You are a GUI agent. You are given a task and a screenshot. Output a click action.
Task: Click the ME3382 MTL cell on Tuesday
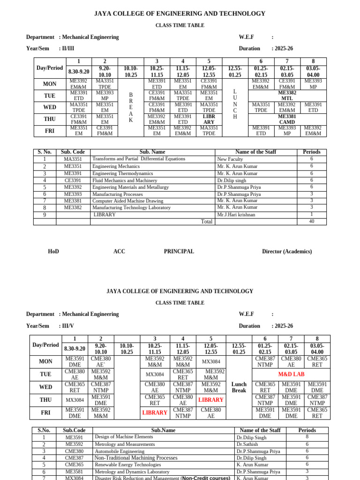pyautogui.click(x=286, y=96)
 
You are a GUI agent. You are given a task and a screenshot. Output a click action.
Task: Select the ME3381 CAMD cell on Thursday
pyautogui.click(x=286, y=119)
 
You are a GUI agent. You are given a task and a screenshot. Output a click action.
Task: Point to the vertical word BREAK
pyautogui.click(x=131, y=107)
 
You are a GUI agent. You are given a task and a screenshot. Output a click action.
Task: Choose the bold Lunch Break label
pyautogui.click(x=239, y=387)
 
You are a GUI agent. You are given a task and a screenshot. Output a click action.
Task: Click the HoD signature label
pyautogui.click(x=53, y=252)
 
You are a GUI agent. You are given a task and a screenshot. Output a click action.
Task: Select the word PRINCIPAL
pyautogui.click(x=179, y=252)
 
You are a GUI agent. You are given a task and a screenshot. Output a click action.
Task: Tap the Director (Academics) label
pyautogui.click(x=286, y=252)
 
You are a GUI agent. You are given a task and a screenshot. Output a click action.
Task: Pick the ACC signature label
pyautogui.click(x=119, y=252)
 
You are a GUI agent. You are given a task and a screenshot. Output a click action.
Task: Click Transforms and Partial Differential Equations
pyautogui.click(x=139, y=159)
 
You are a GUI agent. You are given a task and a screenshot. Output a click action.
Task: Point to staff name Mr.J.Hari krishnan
pyautogui.click(x=236, y=215)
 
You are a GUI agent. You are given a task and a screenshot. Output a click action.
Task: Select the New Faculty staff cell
pyautogui.click(x=230, y=159)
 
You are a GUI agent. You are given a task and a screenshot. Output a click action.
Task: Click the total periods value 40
pyautogui.click(x=311, y=222)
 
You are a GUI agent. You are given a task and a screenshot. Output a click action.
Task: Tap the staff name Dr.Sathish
pyautogui.click(x=247, y=444)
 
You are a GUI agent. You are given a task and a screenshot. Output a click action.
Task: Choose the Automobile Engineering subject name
pyautogui.click(x=120, y=451)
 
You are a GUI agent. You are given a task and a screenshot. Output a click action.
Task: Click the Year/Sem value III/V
pyautogui.click(x=69, y=326)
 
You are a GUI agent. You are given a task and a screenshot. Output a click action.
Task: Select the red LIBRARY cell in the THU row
pyautogui.click(x=211, y=400)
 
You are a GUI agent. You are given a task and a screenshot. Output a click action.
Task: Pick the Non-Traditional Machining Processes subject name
pyautogui.click(x=136, y=458)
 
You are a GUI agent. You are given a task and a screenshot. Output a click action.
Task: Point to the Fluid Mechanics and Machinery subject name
pyautogui.click(x=125, y=180)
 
